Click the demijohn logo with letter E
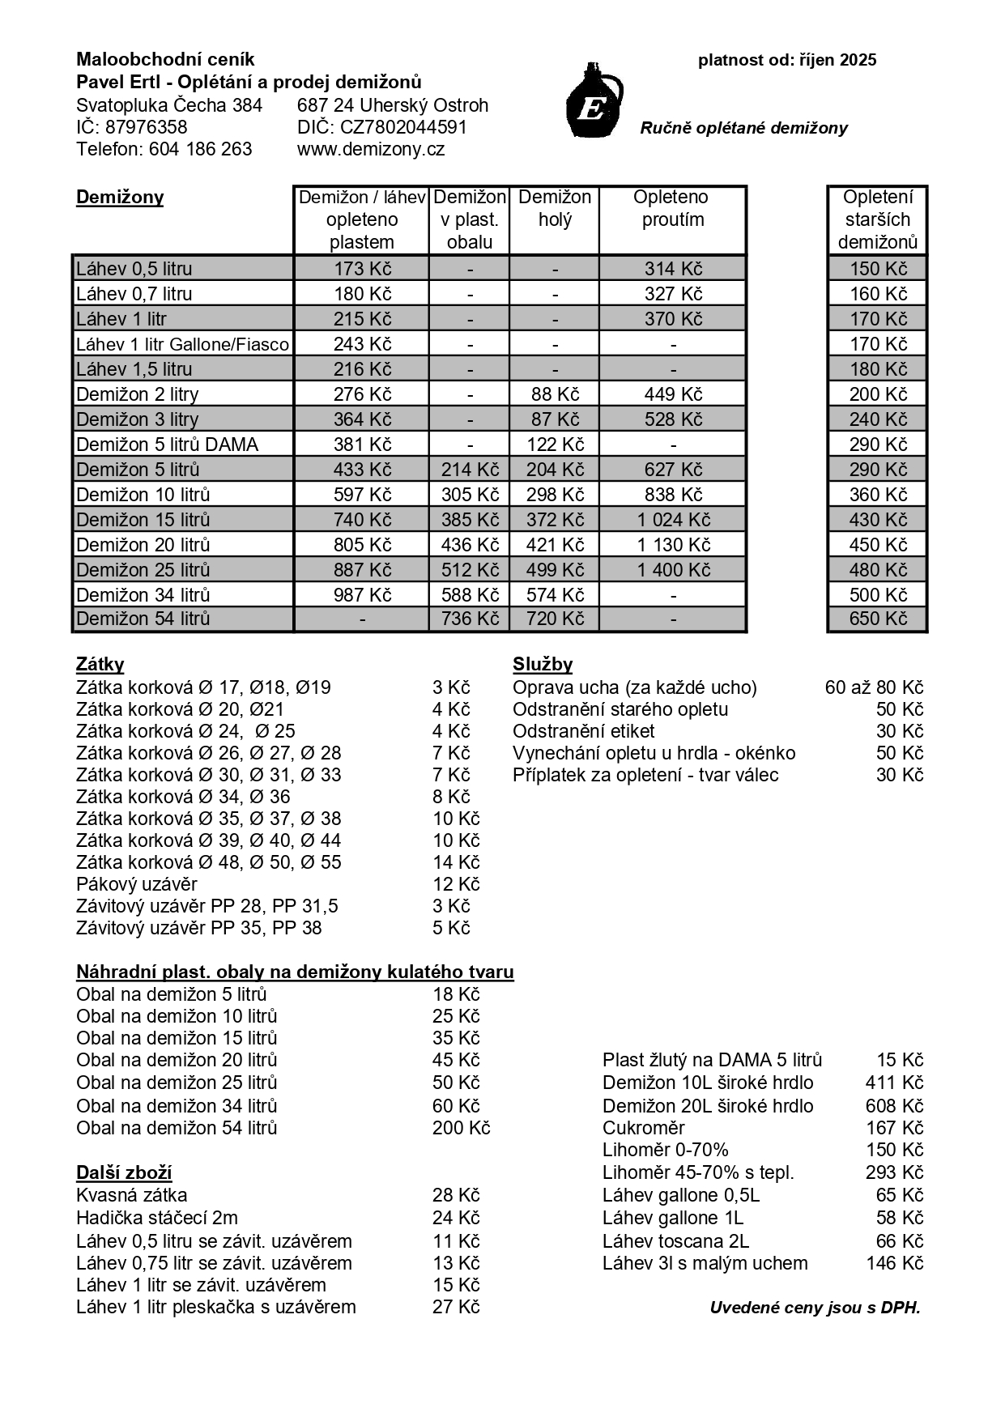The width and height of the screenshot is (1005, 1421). click(594, 102)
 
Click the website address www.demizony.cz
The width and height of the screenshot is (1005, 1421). click(371, 149)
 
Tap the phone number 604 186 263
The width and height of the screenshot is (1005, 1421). click(200, 149)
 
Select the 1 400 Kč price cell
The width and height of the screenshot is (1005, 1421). click(672, 570)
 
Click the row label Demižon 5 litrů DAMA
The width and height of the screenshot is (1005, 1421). click(167, 445)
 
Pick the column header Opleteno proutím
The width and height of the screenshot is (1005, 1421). click(672, 208)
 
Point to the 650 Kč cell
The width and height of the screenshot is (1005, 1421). click(878, 619)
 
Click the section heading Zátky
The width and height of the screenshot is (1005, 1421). click(100, 665)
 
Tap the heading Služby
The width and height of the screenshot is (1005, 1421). click(542, 665)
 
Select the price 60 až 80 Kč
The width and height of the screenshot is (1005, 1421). click(874, 687)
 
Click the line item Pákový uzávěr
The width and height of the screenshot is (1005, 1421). click(136, 884)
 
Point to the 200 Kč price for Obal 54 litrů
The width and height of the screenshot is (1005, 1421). click(461, 1128)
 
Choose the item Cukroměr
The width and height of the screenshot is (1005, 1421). click(643, 1128)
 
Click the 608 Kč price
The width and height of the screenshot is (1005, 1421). click(894, 1106)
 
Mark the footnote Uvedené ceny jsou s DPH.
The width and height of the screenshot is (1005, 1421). click(815, 1308)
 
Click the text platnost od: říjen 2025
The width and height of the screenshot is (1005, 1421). click(787, 60)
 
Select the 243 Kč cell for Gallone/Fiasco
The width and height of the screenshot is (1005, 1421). click(362, 344)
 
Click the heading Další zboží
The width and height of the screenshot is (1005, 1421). click(124, 1173)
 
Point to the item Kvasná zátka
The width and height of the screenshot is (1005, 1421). click(131, 1195)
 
